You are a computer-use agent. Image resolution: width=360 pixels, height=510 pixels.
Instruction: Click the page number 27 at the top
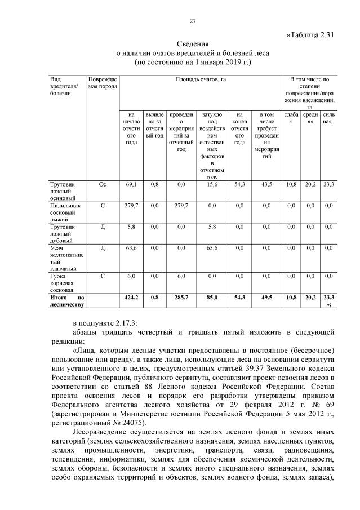coord(192,21)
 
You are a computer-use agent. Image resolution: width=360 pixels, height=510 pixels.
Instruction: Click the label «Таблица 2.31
coord(311,34)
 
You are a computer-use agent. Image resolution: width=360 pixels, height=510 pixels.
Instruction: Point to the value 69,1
coord(131,184)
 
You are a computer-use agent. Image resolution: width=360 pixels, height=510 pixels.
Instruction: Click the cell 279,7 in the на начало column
coord(131,206)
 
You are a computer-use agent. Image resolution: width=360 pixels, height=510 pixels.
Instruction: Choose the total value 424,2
coord(131,296)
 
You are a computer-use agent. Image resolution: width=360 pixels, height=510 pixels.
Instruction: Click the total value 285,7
coord(181,296)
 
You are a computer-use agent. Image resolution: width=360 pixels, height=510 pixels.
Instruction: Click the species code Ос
coord(103,184)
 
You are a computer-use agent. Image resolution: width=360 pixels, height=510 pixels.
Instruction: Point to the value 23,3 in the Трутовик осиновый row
coord(329,184)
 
